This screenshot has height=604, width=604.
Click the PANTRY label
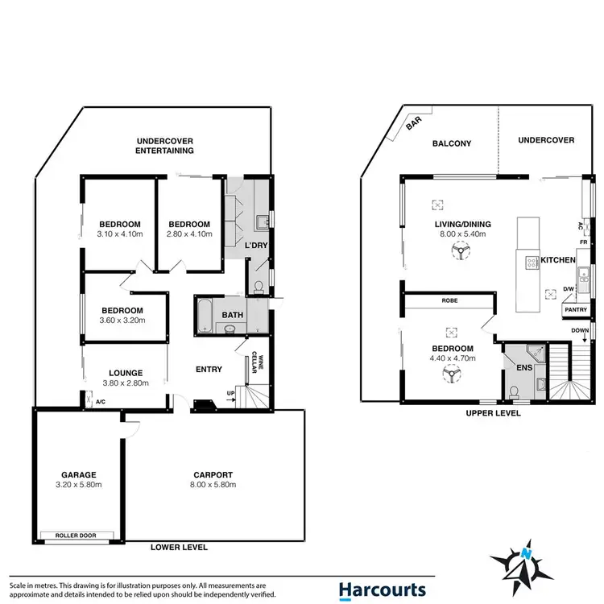[x=575, y=308]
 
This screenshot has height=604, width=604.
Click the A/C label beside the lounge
[x=100, y=401]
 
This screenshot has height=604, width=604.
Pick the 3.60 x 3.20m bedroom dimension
[x=122, y=321]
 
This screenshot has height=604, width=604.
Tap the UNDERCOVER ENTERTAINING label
[x=164, y=145]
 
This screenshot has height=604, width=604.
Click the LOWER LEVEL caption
[x=179, y=548]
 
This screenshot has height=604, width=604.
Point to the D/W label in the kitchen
[x=569, y=288]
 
